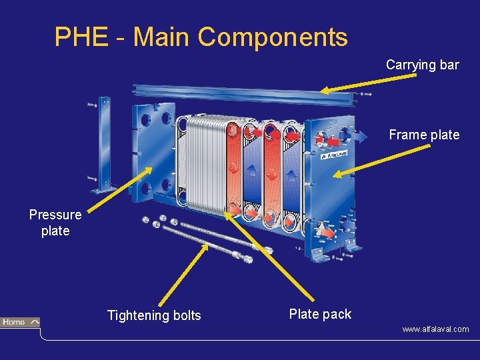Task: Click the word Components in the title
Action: (x=273, y=37)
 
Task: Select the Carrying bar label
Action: (x=422, y=65)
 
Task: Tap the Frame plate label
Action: (x=424, y=135)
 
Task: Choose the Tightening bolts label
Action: (x=154, y=315)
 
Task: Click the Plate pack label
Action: (x=320, y=314)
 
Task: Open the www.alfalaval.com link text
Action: (x=435, y=329)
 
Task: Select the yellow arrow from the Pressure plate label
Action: (x=113, y=193)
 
